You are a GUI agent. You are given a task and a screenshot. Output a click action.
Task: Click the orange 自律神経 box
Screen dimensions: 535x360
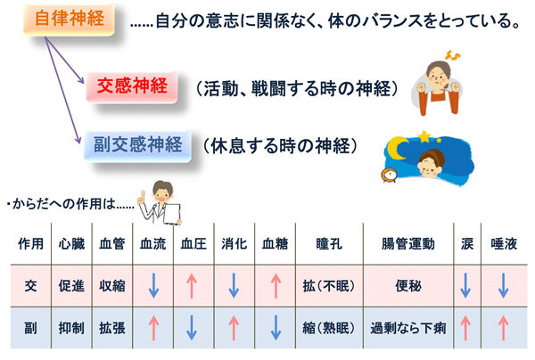[69, 19]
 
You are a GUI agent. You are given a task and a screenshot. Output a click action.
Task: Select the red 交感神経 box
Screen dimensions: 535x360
[132, 86]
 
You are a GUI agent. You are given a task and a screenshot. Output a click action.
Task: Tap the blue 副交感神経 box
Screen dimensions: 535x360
[137, 145]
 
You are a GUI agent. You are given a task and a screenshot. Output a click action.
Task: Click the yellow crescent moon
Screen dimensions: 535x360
[397, 148]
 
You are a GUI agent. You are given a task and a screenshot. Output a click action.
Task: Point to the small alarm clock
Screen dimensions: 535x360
[389, 175]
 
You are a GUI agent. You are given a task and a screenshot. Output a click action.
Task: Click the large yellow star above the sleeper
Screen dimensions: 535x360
[424, 136]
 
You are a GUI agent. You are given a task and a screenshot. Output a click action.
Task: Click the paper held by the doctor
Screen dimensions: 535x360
[172, 214]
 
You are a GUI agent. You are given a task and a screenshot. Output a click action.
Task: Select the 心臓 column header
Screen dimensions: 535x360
[71, 244]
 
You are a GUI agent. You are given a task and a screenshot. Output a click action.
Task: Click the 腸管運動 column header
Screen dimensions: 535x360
[408, 244]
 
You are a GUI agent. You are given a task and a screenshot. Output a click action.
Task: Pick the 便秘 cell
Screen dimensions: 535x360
[408, 286]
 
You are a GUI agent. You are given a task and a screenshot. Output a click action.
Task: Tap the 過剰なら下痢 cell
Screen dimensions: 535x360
[408, 328]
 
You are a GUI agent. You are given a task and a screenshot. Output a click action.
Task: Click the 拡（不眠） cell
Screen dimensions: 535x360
[329, 286]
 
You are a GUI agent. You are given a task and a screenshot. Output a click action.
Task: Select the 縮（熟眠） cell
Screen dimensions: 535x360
[329, 328]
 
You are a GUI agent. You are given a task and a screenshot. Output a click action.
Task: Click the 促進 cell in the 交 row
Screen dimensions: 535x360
[71, 286]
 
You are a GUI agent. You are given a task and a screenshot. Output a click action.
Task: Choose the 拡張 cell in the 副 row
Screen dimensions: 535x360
[112, 328]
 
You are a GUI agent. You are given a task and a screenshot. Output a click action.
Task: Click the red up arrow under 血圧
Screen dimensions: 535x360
[192, 286]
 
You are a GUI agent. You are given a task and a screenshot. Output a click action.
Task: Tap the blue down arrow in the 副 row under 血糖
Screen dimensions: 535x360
[276, 328]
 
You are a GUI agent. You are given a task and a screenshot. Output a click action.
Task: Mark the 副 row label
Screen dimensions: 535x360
[30, 328]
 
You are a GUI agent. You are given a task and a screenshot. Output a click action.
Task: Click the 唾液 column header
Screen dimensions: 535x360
[504, 244]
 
